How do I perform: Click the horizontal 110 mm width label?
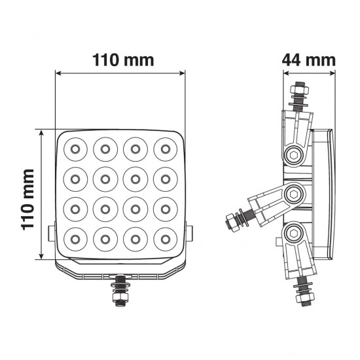click(119, 60)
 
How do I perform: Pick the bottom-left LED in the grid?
click(75, 238)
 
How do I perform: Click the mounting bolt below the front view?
click(120, 290)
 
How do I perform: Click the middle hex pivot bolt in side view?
click(295, 193)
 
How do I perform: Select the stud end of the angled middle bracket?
click(234, 221)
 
